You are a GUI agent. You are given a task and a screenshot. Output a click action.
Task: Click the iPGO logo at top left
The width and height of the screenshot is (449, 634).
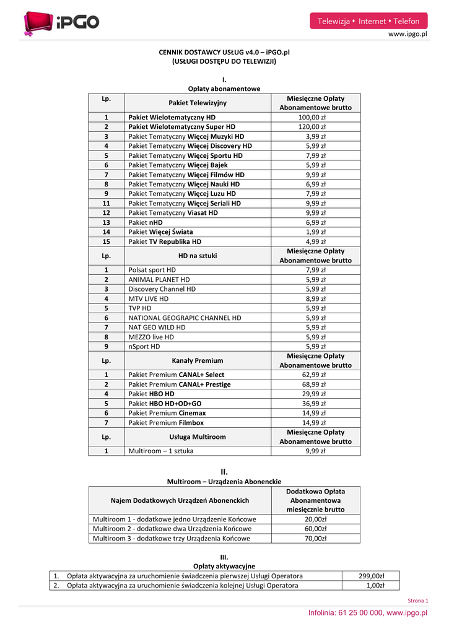pos(61,23)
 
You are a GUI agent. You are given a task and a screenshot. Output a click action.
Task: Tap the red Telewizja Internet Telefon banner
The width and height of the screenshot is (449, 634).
pos(368,21)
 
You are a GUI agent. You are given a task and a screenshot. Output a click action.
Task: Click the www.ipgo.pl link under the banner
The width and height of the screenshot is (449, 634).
pos(408,35)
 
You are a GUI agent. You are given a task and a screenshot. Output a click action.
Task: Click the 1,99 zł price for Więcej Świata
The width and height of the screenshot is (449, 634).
pos(316,232)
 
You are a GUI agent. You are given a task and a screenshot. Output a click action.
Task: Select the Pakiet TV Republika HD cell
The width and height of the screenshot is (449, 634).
pos(165,241)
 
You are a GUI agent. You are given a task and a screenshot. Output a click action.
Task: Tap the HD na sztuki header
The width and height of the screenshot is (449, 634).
pos(198,255)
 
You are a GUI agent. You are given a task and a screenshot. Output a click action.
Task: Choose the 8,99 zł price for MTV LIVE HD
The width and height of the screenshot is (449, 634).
pos(316,298)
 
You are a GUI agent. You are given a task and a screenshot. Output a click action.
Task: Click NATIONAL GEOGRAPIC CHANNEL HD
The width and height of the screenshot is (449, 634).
pos(185,318)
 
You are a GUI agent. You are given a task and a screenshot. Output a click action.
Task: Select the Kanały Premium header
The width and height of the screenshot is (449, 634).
pos(198,360)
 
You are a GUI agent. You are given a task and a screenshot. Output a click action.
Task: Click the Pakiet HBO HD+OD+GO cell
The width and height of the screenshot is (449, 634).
pos(165,403)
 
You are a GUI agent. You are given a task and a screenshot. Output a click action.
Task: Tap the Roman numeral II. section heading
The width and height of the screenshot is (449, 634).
pos(224,471)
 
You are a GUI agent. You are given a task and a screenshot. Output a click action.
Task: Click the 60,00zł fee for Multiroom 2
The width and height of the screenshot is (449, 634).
pos(316,529)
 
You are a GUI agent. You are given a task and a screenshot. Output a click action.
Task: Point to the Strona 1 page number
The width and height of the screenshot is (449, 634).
pos(419,601)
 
